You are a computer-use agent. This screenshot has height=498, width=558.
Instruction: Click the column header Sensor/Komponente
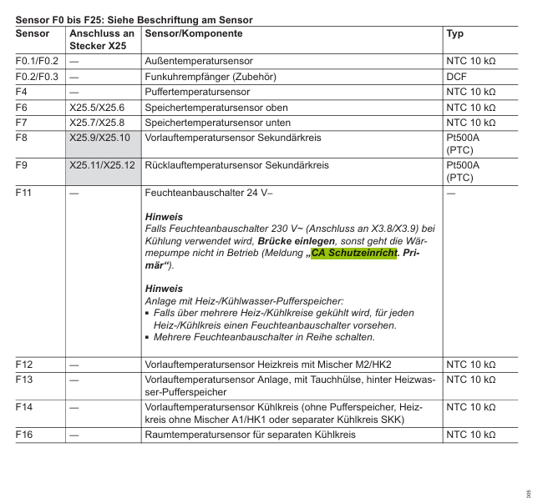click(194, 34)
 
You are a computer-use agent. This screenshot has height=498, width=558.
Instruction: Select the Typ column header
click(455, 34)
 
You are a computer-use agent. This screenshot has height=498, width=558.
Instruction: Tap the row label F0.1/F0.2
click(37, 62)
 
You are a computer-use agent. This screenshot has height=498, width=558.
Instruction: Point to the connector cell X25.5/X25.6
click(97, 108)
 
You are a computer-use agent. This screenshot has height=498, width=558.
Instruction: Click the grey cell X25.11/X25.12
click(102, 166)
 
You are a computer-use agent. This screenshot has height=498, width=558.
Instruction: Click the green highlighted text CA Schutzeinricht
click(353, 253)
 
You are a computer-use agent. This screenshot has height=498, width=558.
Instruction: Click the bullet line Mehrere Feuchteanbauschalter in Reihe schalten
click(264, 338)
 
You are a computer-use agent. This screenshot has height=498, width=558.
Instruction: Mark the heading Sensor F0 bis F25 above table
click(134, 18)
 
